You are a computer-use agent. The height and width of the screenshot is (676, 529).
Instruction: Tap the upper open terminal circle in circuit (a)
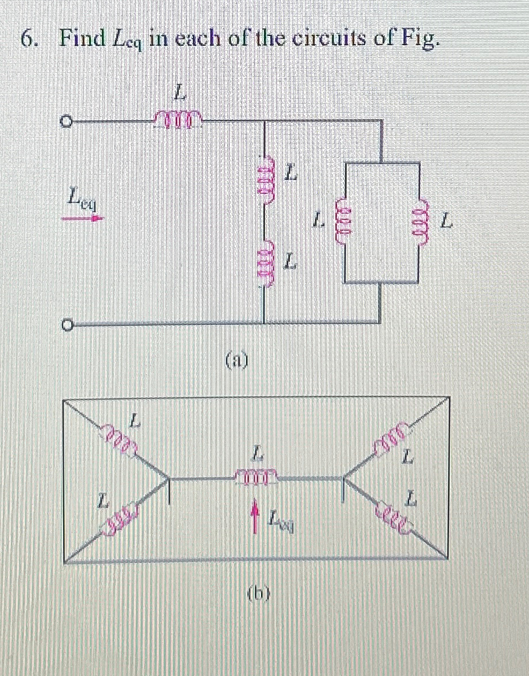pyautogui.click(x=67, y=122)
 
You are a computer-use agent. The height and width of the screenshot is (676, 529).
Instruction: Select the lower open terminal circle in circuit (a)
pyautogui.click(x=67, y=326)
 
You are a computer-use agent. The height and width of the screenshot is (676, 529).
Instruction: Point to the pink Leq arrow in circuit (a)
pyautogui.click(x=90, y=218)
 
